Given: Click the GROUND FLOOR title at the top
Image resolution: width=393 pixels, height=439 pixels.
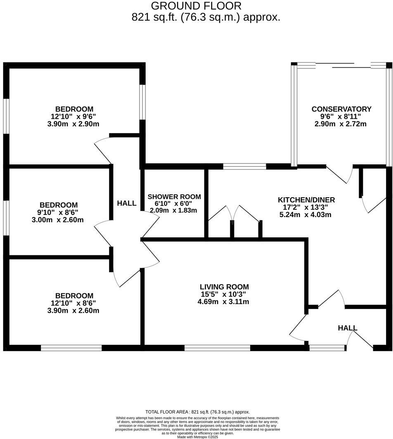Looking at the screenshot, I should [196, 6].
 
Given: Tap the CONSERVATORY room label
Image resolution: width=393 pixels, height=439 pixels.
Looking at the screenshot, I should [341, 109].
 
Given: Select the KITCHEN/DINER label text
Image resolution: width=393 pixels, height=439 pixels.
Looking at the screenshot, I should [306, 200].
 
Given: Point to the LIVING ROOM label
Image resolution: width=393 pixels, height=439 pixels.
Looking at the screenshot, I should [224, 287].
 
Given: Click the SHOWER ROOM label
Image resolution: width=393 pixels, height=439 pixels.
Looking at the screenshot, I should [174, 197].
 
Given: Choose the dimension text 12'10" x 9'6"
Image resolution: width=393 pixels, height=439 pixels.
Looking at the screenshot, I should [73, 116].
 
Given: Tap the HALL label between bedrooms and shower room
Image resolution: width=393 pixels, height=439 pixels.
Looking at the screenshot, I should [126, 203].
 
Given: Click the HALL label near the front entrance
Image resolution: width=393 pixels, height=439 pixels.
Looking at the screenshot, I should [347, 328].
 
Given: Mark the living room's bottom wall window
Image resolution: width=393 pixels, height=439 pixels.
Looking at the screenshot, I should [217, 348].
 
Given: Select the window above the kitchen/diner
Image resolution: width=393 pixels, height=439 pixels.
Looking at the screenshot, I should [244, 167].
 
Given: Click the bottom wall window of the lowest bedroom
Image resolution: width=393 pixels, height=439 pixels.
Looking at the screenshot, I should [71, 348].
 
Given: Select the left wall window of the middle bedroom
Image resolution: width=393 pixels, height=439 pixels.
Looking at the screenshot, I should [6, 218].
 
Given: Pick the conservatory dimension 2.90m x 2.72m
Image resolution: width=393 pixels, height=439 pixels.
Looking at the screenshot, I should [341, 124].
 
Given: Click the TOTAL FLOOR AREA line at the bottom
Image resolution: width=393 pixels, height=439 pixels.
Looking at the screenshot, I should [197, 412].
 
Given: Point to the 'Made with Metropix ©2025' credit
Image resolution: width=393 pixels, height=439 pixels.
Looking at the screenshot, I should [197, 437].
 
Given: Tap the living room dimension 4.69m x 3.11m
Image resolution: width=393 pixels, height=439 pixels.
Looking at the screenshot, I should [223, 302].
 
